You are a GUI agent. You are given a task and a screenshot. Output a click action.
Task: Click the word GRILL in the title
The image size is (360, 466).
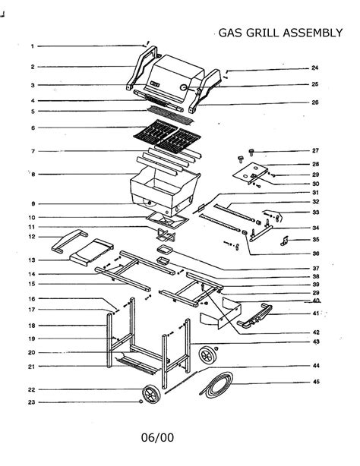(261, 33)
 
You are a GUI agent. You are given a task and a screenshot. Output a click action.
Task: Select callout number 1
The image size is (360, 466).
(33, 46)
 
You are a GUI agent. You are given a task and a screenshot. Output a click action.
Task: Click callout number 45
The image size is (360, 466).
(315, 382)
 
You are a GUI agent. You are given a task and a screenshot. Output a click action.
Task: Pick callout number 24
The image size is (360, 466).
(314, 68)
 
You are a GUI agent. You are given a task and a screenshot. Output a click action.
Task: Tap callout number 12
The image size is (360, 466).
(33, 237)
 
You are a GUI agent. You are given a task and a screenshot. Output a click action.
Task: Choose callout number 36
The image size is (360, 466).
(315, 253)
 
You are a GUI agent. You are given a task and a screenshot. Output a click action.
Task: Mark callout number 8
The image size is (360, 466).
(33, 175)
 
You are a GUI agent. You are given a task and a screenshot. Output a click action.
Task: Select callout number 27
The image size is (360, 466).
(315, 150)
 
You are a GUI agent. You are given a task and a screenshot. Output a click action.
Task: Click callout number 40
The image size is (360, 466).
(315, 301)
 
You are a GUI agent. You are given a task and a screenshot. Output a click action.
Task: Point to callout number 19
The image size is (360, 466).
(33, 338)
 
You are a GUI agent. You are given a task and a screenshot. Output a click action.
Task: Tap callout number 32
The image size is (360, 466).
(315, 202)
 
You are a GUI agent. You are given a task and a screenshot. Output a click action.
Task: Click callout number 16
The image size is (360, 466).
(33, 298)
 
